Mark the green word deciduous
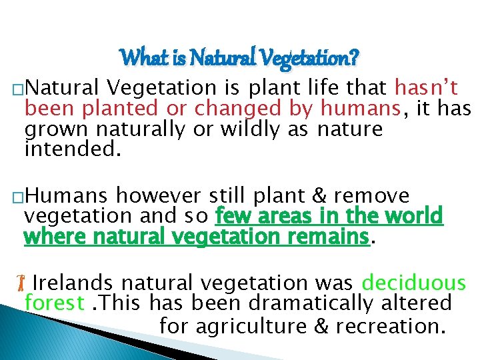click(x=413, y=283)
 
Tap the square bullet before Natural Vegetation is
click(x=18, y=89)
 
